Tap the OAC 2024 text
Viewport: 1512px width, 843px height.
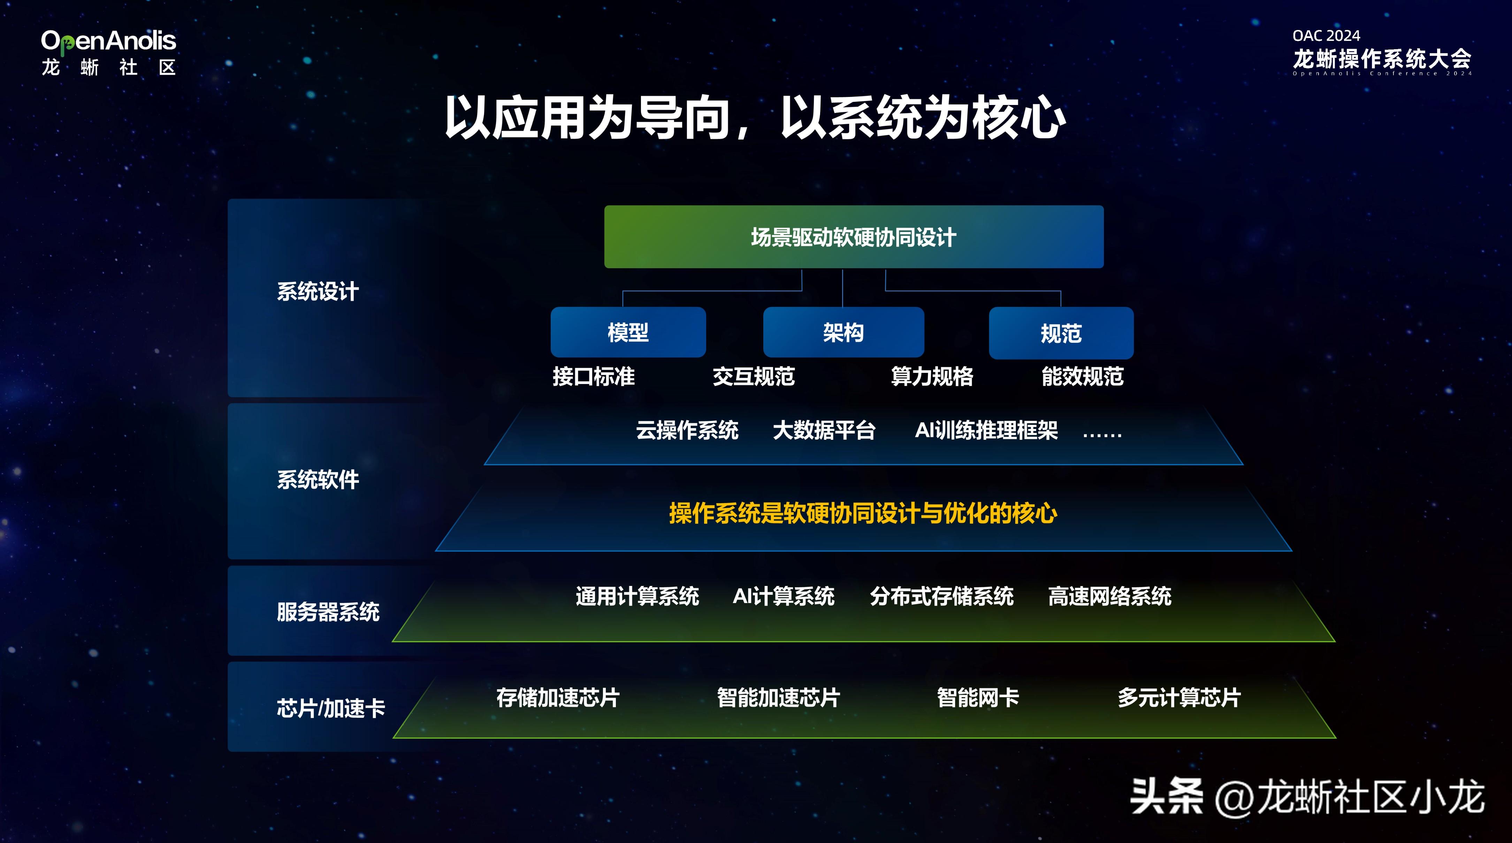1326,36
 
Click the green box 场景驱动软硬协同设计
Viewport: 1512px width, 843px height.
854,237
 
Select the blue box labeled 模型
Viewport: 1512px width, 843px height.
628,332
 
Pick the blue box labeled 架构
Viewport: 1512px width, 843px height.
843,332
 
